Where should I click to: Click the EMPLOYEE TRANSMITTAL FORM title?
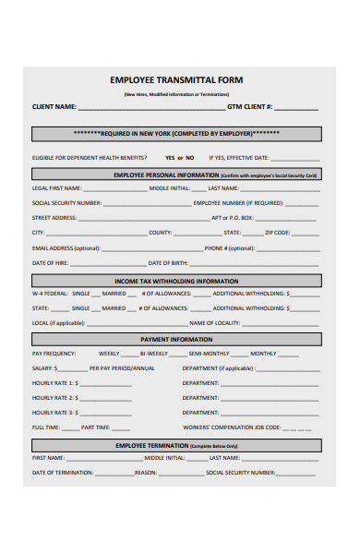coord(176,80)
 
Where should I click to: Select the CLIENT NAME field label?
coord(54,107)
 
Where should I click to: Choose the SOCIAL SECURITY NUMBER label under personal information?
coord(67,203)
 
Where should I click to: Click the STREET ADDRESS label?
coord(54,218)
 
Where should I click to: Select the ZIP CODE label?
coord(277,233)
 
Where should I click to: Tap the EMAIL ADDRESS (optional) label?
coord(66,247)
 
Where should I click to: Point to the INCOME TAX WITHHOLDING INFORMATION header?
coord(176,281)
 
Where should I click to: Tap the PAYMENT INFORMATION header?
coord(176,340)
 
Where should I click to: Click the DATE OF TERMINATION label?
coord(63,472)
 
